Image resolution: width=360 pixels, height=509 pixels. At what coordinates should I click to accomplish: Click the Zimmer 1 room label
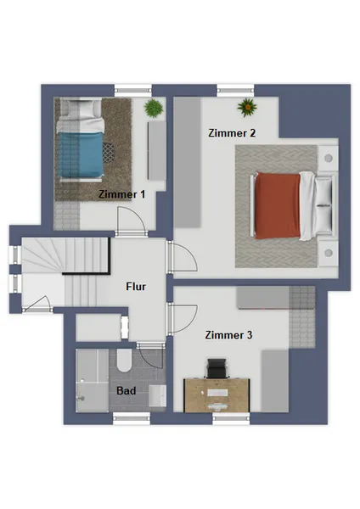point(122,194)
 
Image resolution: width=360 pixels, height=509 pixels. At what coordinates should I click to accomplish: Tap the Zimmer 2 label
point(232,133)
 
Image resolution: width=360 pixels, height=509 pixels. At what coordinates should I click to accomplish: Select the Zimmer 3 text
point(228,335)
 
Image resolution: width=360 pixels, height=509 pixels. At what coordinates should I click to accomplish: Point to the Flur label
point(136,287)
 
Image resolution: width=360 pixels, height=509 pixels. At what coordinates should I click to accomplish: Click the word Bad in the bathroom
point(126,390)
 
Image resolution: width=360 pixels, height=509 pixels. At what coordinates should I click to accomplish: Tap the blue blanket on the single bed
point(81,154)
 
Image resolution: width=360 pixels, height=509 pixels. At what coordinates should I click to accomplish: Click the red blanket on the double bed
point(278,205)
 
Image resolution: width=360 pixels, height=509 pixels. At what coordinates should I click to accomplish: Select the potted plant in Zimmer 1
point(154,108)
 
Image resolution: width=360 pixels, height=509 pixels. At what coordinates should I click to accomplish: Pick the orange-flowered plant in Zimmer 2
point(247,107)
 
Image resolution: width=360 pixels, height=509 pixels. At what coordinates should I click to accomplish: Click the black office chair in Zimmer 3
point(217,368)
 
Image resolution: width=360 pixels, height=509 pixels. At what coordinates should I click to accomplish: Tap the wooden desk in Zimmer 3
point(217,395)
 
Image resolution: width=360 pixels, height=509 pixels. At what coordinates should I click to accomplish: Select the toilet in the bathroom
point(124,361)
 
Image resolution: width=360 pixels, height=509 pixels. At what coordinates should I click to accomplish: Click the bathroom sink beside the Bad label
point(157,395)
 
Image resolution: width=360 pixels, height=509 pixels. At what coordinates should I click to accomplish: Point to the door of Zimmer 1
point(132,221)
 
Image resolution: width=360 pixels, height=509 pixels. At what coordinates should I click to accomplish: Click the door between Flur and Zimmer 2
point(182,257)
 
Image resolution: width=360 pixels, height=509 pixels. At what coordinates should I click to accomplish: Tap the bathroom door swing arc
point(155,361)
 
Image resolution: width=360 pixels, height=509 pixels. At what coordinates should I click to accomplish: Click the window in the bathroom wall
point(132,419)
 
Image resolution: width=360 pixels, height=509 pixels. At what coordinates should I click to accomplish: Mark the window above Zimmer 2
point(235,90)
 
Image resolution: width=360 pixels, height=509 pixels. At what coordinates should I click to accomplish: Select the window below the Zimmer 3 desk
point(231,419)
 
